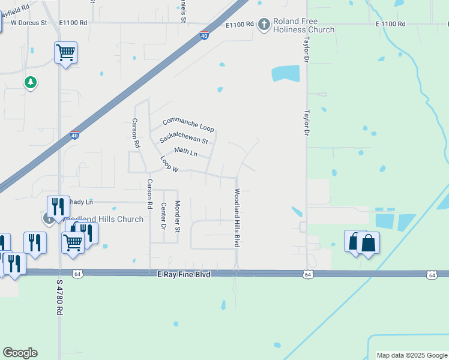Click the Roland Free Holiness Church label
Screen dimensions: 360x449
click(303, 25)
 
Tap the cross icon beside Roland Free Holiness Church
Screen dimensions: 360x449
click(264, 25)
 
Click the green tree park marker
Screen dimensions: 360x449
click(31, 82)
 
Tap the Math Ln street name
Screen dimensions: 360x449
click(185, 152)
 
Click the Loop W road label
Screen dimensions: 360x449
click(169, 164)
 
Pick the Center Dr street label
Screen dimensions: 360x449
click(163, 216)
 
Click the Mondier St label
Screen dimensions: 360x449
click(178, 217)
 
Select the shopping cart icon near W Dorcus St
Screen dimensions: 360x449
click(65, 52)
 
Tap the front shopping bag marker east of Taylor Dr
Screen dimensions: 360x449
click(368, 243)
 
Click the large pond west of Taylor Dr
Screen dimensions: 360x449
click(285, 73)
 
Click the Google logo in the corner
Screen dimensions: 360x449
click(20, 353)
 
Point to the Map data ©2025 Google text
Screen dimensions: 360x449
click(412, 355)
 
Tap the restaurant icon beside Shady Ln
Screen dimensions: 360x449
click(58, 207)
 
